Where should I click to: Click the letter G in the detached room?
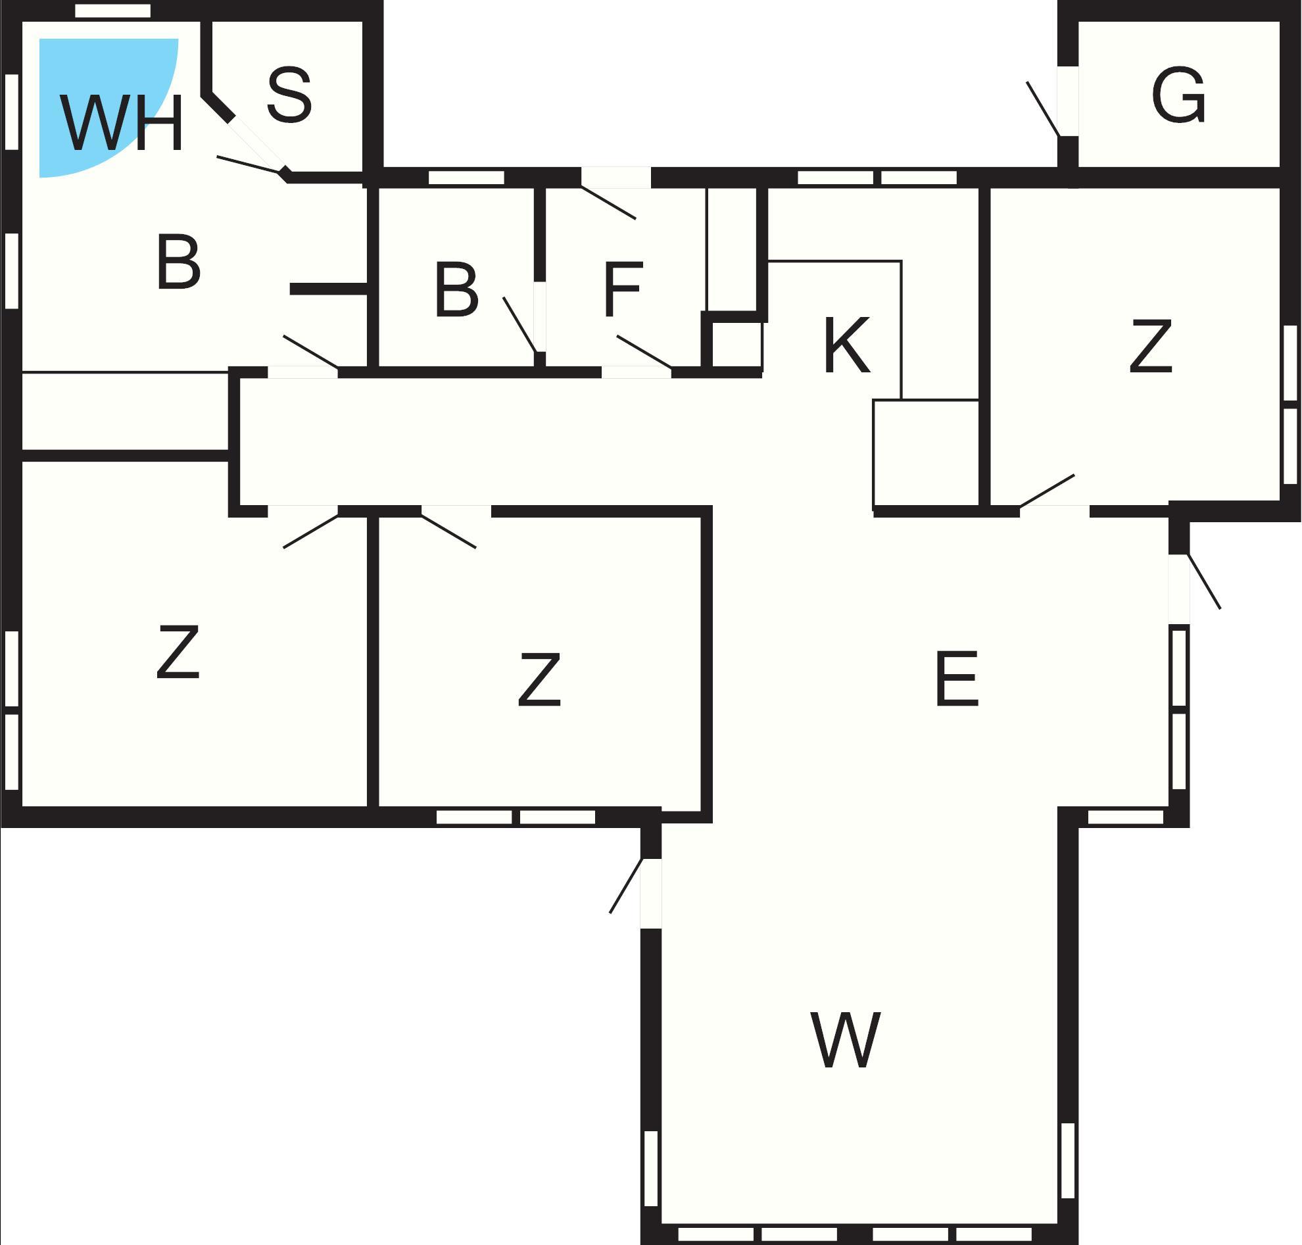coord(1178,95)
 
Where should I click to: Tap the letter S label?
coord(289,95)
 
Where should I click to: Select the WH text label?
coord(121,123)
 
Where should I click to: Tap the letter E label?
coord(956,679)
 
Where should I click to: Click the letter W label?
coord(846,1040)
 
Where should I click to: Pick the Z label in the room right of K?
coord(1150,346)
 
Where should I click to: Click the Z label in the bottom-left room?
coord(178,652)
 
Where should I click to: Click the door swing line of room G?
coord(1042,109)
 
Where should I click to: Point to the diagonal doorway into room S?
coord(255,146)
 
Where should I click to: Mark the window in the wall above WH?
coord(113,11)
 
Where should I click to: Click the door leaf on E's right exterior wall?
coord(1204,581)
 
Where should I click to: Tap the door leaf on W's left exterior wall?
coord(626,886)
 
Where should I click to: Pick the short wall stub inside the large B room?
coord(329,289)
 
